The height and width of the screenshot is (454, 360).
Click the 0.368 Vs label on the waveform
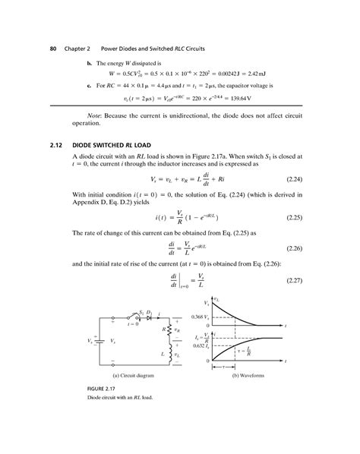(x=199, y=316)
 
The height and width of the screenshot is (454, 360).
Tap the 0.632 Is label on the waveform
(x=200, y=345)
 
